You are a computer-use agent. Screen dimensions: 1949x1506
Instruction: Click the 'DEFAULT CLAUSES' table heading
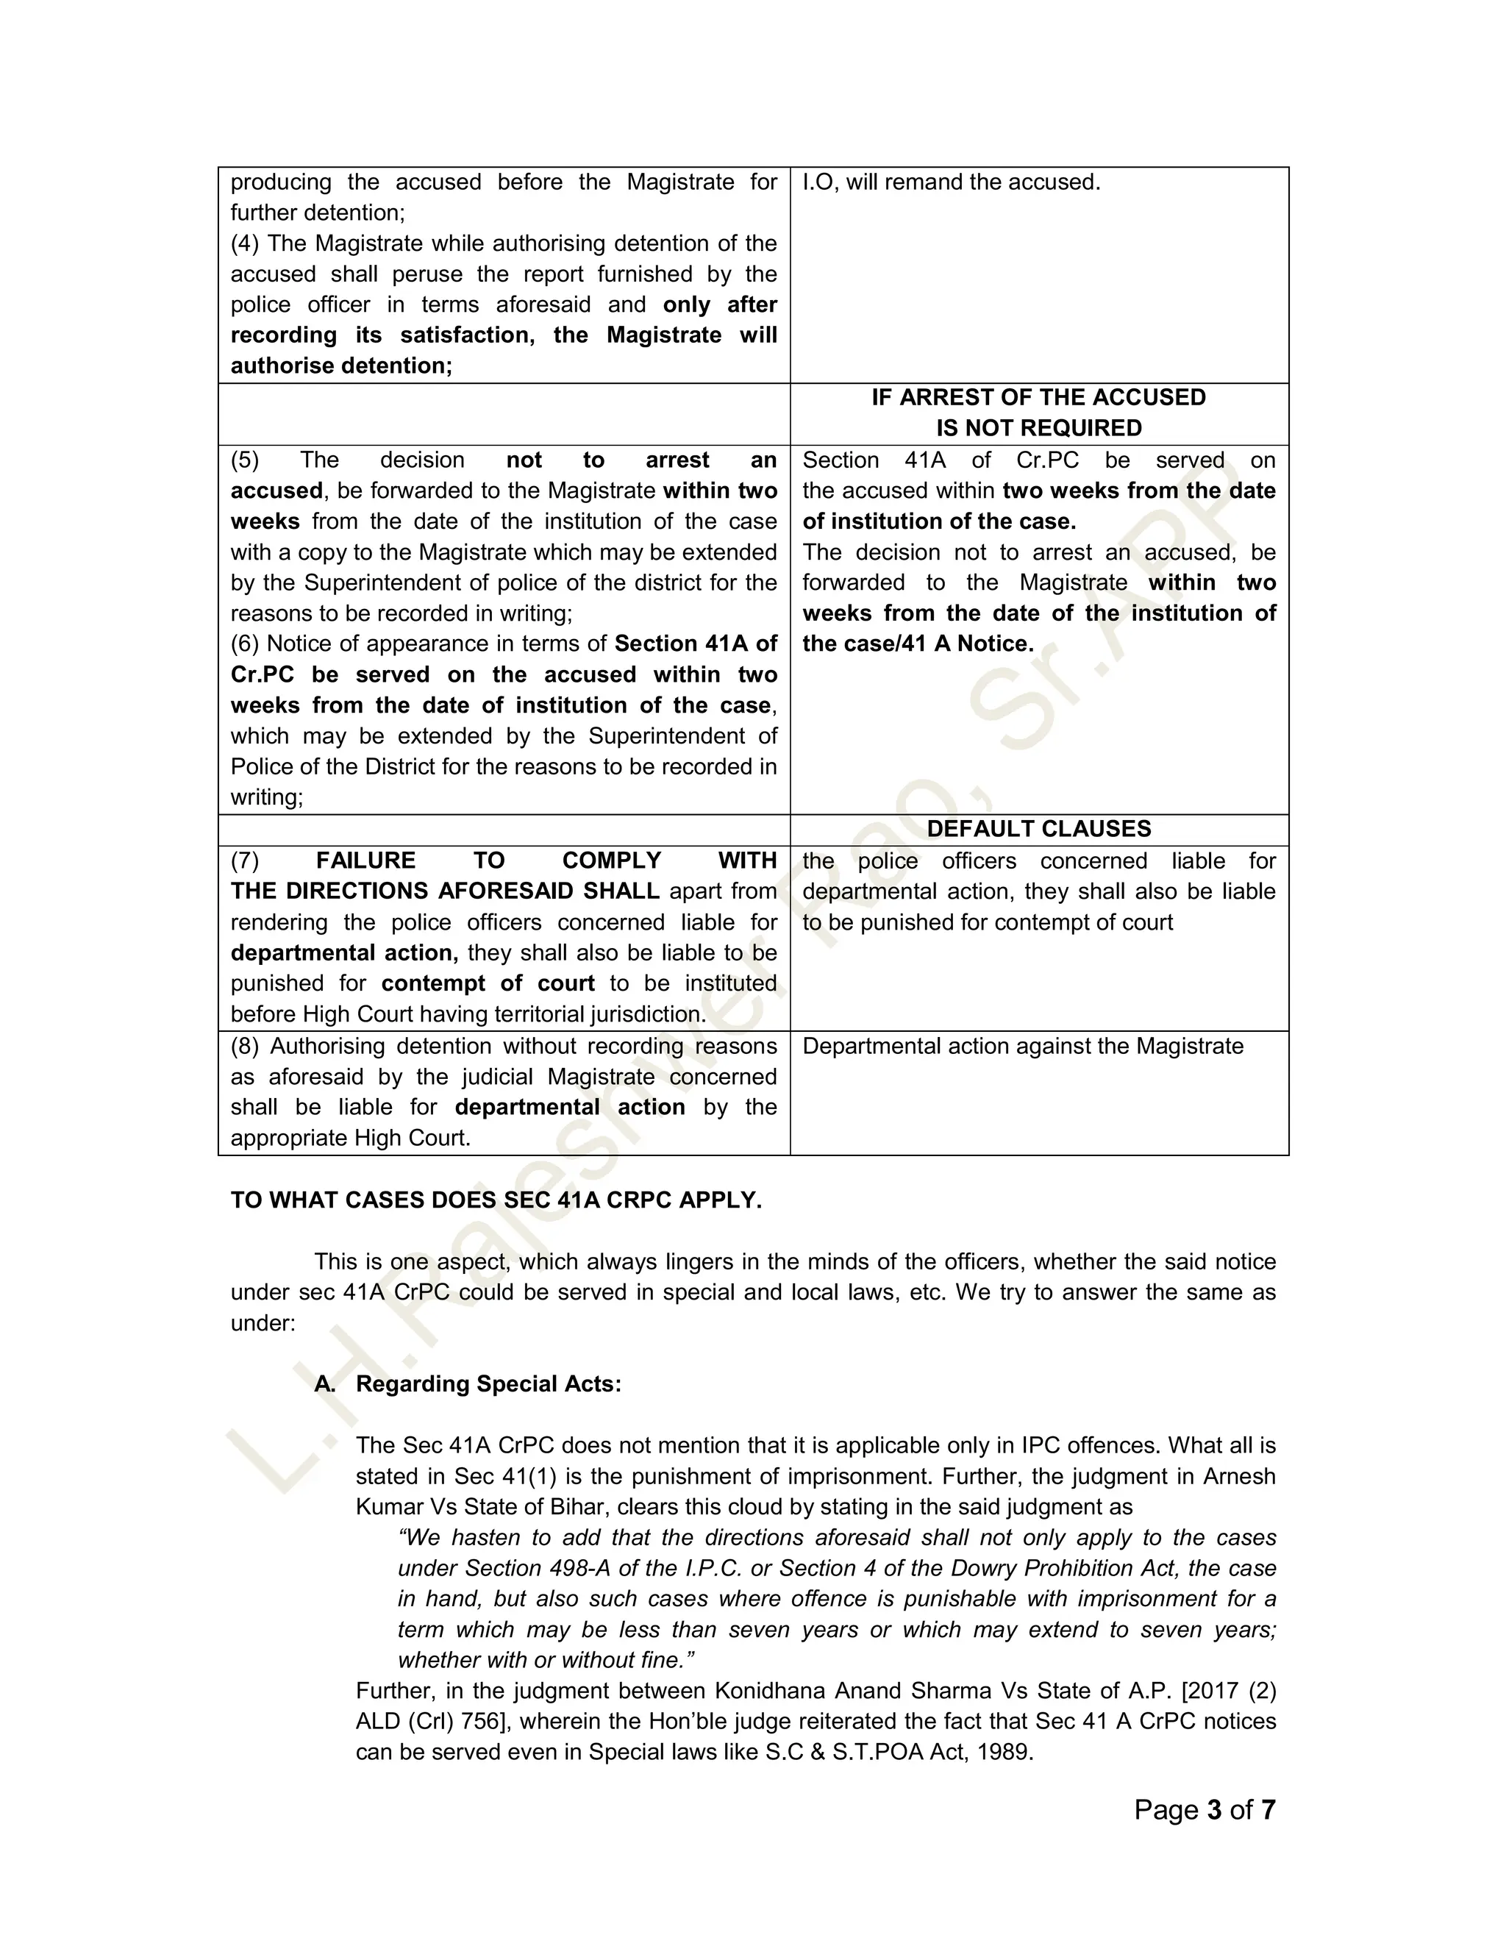click(1038, 829)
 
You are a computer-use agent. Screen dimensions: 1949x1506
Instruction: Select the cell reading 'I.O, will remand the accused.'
click(951, 182)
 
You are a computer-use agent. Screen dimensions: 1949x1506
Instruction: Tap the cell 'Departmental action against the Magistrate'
click(1022, 1046)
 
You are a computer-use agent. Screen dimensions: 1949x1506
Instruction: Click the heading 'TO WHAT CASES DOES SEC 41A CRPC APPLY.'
click(496, 1200)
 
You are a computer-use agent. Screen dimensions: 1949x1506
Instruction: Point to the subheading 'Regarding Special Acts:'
click(488, 1384)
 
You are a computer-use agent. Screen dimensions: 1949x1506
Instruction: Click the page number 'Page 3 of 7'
click(1205, 1810)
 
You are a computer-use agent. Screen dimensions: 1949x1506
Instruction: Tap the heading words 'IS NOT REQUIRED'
click(1038, 428)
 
